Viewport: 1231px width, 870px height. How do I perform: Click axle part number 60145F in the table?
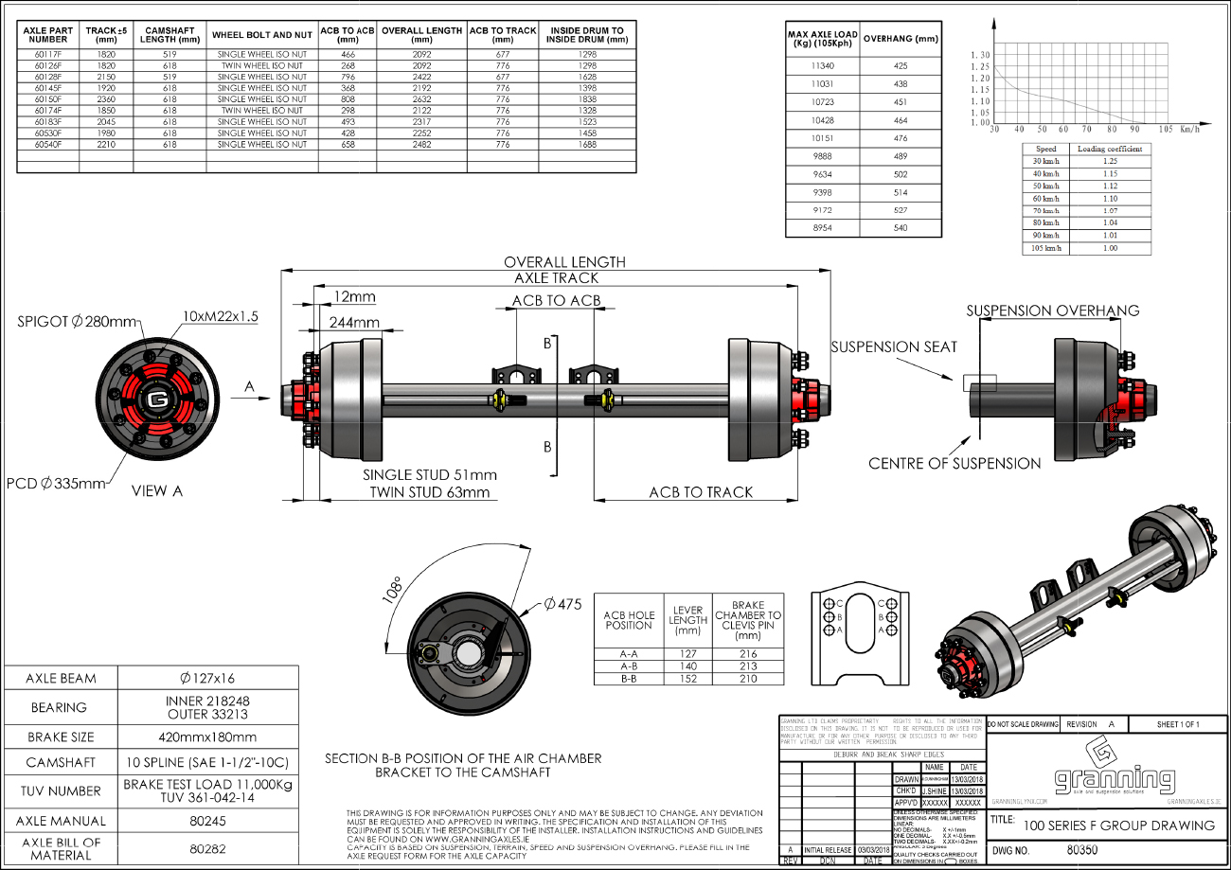(48, 88)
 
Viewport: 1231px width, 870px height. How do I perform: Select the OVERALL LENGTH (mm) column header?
(421, 35)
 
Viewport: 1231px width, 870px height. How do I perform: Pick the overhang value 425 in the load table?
(900, 66)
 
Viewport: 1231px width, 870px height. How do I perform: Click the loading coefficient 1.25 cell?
(1110, 161)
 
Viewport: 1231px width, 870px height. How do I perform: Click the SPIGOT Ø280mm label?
(78, 322)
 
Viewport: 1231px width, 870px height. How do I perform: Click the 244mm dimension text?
(353, 322)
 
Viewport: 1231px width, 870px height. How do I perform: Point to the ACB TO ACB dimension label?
(556, 301)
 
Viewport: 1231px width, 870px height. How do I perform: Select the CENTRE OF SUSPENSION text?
(954, 463)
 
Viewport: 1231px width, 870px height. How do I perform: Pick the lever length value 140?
(687, 666)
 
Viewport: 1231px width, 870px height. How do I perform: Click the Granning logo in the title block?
(1115, 772)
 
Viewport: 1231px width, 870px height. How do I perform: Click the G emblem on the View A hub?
(158, 400)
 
